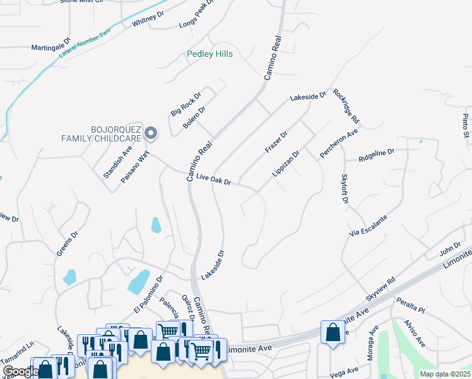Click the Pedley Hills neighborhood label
210,54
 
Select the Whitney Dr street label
148,20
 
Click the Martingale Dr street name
52,46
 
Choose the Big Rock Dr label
186,104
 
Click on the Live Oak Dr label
214,180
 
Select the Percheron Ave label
338,144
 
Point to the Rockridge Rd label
346,105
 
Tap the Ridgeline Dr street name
376,152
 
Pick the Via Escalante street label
368,226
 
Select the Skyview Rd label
381,289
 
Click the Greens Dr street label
67,243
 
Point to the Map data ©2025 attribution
445,374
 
